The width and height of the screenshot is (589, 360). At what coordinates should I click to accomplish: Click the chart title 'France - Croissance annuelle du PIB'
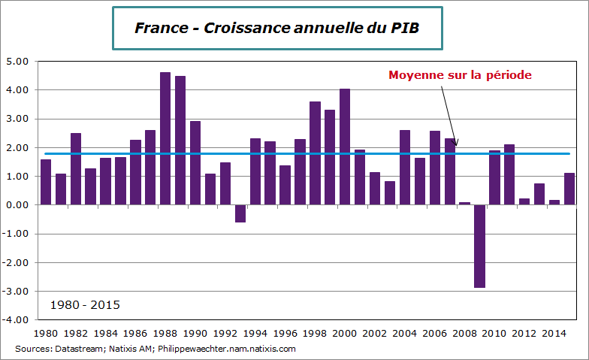click(x=276, y=28)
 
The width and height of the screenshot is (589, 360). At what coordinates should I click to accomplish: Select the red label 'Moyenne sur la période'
click(x=460, y=75)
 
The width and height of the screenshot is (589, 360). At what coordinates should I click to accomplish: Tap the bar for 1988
click(x=165, y=138)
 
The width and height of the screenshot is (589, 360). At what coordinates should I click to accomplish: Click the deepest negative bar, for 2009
click(x=479, y=246)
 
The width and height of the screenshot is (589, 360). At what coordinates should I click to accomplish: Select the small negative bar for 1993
click(x=240, y=213)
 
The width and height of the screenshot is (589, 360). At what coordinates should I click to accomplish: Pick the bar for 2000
click(x=345, y=147)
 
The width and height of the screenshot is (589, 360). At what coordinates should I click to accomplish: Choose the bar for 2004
click(x=405, y=168)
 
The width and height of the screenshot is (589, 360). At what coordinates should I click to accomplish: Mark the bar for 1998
click(x=315, y=153)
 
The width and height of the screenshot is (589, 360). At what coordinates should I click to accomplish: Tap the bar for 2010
click(x=494, y=177)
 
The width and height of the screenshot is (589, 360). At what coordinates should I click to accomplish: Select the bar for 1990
click(x=195, y=162)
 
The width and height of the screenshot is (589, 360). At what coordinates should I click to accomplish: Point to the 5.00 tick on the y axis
click(x=17, y=62)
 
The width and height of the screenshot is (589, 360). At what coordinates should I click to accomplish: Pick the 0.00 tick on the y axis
click(x=17, y=205)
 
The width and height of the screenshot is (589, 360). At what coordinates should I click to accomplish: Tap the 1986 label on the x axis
click(x=135, y=332)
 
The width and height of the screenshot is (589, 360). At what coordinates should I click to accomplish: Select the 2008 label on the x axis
click(x=464, y=332)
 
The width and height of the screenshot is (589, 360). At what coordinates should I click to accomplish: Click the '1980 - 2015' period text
click(x=85, y=305)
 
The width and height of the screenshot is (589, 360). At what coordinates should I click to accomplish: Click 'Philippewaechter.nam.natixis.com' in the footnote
click(x=231, y=349)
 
